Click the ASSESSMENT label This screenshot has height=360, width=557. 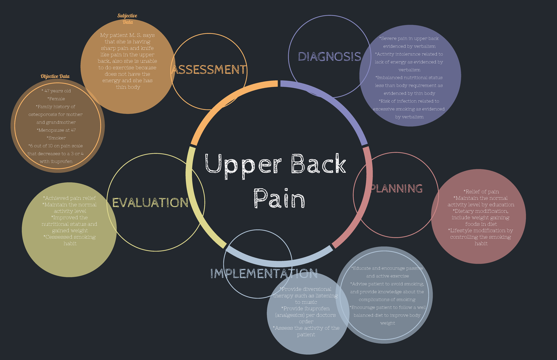click(x=209, y=70)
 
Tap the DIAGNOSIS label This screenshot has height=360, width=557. click(x=329, y=57)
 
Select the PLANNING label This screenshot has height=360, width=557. click(x=396, y=188)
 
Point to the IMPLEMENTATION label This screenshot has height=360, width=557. click(x=264, y=273)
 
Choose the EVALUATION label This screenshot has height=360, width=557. click(x=150, y=203)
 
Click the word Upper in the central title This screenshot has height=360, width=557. click(x=239, y=165)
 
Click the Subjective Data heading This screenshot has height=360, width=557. click(x=127, y=19)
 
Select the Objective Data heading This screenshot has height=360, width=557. click(x=55, y=76)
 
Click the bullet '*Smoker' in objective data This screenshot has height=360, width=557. click(x=56, y=138)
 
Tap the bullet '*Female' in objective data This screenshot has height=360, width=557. click(x=56, y=98)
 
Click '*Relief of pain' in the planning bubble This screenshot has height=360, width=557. click(x=481, y=192)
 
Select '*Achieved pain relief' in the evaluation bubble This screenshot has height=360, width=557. click(x=70, y=198)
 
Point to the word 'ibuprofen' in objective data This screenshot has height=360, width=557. click(x=61, y=161)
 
